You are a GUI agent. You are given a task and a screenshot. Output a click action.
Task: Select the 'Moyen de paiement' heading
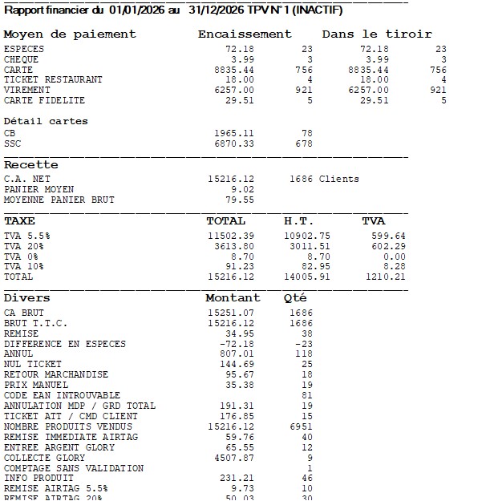(x=70, y=34)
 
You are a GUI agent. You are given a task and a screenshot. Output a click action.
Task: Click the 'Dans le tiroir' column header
(x=377, y=34)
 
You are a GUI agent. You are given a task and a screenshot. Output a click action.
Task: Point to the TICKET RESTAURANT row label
(x=53, y=80)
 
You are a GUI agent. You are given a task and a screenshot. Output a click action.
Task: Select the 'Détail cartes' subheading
(x=46, y=121)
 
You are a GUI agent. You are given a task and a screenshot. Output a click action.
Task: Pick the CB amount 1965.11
(x=234, y=133)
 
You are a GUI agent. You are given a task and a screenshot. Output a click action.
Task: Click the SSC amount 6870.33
(x=234, y=143)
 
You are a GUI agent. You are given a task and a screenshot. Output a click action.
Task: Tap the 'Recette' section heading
(x=31, y=164)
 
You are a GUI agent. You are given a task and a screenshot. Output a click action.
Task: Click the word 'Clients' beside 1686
(x=339, y=179)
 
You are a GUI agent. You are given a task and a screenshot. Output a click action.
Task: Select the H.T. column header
(x=299, y=220)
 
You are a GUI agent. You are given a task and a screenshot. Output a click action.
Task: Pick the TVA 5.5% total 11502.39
(x=231, y=236)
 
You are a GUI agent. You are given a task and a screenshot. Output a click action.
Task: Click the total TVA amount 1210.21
(x=385, y=277)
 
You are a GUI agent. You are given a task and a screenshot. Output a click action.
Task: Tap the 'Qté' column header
(x=295, y=298)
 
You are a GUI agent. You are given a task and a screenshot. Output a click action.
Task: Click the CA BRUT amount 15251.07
(x=231, y=313)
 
